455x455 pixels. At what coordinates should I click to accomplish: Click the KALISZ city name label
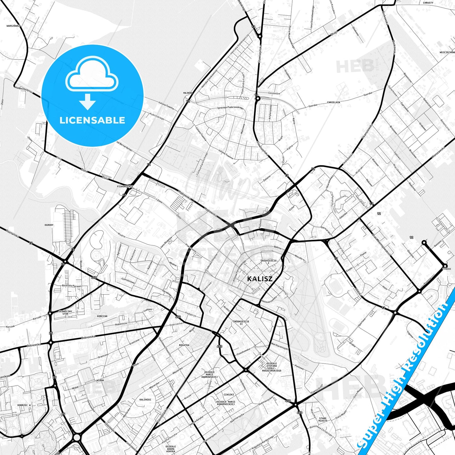[x=260, y=279]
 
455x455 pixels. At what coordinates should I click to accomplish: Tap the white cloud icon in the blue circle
[x=92, y=76]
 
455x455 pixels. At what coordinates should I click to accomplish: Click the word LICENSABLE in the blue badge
[x=92, y=120]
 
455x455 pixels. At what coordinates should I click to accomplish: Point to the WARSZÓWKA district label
[x=13, y=26]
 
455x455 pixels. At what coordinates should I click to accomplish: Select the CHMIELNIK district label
[x=333, y=102]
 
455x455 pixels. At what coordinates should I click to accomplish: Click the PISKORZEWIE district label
[x=125, y=186]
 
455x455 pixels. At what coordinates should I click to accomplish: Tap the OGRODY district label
[x=49, y=225]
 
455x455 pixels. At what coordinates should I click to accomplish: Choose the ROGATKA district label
[x=184, y=345]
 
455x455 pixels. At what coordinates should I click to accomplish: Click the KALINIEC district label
[x=145, y=400]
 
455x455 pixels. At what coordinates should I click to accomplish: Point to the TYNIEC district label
[x=447, y=269]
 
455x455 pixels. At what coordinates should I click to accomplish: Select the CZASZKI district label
[x=229, y=395]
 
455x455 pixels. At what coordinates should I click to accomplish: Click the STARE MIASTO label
[x=322, y=419]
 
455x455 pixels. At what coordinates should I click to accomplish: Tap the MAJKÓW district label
[x=188, y=93]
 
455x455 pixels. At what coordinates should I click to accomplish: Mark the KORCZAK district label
[x=102, y=316]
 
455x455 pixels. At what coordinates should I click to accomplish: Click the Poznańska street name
[x=13, y=235]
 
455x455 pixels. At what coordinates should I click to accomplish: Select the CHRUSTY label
[x=428, y=3]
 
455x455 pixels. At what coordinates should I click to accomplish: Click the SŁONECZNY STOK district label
[x=65, y=312]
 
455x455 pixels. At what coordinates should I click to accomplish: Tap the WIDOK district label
[x=100, y=380]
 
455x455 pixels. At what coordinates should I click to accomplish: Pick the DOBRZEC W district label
[x=24, y=405]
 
